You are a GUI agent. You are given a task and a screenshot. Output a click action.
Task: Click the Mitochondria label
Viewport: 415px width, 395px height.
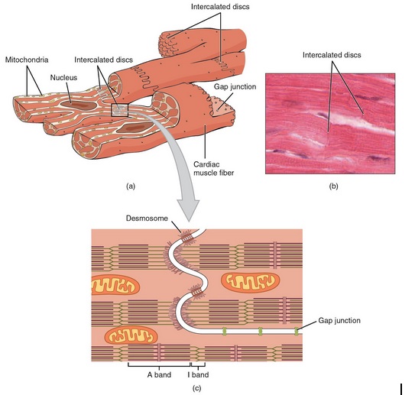(x=27, y=60)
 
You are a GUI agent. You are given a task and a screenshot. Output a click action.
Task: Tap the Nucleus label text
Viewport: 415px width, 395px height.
(x=63, y=77)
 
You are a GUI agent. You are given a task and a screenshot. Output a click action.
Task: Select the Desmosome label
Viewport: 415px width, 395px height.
(x=147, y=219)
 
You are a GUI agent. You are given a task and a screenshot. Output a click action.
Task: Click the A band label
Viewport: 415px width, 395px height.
(x=159, y=375)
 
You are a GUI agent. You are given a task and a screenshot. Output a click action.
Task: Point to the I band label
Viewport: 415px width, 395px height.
(x=198, y=375)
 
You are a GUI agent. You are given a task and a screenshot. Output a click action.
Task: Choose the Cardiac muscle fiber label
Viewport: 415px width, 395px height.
(x=213, y=169)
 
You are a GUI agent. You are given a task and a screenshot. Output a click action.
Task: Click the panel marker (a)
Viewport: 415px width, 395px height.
(x=131, y=186)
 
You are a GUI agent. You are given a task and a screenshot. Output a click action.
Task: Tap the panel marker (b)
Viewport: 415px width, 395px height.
(x=333, y=186)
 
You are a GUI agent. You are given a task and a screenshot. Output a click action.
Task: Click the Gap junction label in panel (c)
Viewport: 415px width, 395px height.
(x=339, y=321)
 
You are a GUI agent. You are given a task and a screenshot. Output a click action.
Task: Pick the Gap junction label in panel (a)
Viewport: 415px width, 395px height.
(x=235, y=87)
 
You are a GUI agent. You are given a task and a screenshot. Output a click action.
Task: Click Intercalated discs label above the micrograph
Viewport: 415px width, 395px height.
(x=332, y=55)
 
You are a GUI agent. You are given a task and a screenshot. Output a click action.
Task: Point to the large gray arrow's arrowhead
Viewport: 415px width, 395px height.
(x=189, y=210)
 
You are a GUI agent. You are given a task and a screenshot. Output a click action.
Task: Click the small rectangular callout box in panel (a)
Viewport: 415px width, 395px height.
(x=120, y=110)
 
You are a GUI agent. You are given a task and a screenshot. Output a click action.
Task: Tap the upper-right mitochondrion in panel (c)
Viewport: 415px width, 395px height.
(x=250, y=283)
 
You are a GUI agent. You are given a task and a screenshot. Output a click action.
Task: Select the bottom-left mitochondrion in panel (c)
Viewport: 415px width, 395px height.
(x=131, y=336)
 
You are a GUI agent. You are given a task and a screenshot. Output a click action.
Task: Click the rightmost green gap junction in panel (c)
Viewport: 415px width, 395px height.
(x=297, y=332)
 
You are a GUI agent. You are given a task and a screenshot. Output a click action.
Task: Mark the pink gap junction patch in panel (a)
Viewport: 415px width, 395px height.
(x=221, y=106)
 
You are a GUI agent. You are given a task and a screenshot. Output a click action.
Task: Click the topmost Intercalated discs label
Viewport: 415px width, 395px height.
(x=220, y=7)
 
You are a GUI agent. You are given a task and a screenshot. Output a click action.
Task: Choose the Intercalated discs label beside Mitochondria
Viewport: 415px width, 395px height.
(x=103, y=60)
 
